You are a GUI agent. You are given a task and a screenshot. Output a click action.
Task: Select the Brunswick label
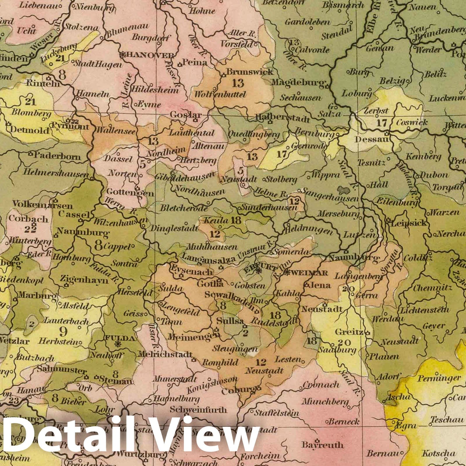tap(250, 71)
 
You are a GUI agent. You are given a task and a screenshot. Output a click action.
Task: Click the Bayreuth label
tap(322, 445)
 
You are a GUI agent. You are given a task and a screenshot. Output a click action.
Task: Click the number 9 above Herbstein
tap(62, 330)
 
